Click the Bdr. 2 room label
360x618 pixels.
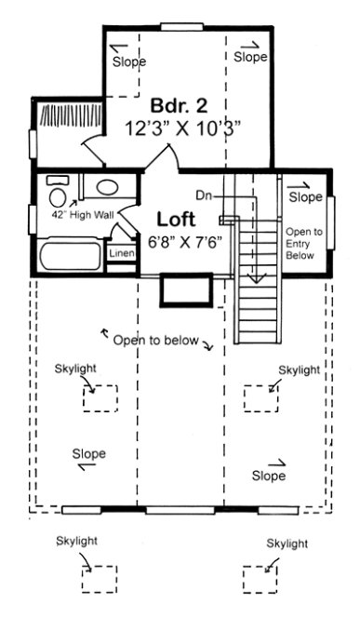[176, 105]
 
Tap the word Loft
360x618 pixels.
[175, 220]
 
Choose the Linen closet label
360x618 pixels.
[121, 253]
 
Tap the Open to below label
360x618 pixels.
[155, 341]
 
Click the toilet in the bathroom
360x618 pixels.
[59, 195]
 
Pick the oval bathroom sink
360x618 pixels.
[106, 186]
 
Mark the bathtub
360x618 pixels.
[71, 254]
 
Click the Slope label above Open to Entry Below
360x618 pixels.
[304, 197]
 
